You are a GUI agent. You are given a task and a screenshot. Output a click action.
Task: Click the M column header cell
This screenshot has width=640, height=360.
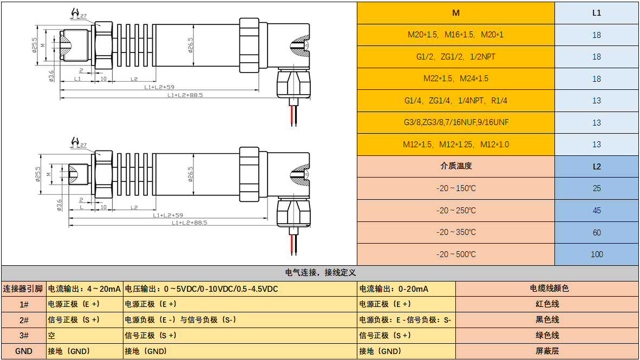click(x=455, y=13)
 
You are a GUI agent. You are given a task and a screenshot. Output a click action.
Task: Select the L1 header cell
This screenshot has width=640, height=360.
click(x=596, y=13)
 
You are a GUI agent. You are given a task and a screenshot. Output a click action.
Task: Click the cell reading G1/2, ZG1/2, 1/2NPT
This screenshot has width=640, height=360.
click(x=455, y=57)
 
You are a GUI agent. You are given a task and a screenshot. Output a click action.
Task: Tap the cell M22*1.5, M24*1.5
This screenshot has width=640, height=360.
click(x=455, y=78)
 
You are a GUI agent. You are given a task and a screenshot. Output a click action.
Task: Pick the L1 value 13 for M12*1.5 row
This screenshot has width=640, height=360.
click(x=596, y=145)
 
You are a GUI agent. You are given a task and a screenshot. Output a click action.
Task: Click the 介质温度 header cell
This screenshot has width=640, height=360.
click(x=455, y=166)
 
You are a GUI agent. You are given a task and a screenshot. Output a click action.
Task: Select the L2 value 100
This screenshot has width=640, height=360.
click(x=596, y=254)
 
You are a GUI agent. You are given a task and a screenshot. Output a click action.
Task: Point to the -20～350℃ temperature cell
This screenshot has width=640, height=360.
click(x=455, y=232)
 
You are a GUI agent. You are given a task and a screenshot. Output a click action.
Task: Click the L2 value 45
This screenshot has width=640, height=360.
click(x=596, y=210)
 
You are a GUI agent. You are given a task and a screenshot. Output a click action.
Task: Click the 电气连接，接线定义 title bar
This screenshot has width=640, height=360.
click(x=319, y=273)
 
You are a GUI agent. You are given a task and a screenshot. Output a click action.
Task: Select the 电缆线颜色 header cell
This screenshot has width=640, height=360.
click(x=547, y=289)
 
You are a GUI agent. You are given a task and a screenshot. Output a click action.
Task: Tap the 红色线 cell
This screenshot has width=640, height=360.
click(x=547, y=304)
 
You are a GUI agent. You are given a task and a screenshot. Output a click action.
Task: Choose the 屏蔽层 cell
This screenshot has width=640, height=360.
click(x=547, y=351)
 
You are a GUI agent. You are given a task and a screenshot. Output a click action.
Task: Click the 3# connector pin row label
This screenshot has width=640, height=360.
click(x=23, y=335)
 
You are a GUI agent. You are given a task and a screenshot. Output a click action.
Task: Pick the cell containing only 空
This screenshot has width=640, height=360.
click(x=84, y=335)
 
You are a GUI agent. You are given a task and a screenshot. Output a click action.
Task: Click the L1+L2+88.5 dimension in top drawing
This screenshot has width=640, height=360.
click(x=185, y=95)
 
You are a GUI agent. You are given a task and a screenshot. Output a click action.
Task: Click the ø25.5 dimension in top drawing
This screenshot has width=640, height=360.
click(x=35, y=46)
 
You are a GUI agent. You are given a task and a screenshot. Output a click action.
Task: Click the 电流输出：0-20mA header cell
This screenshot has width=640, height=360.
click(x=406, y=289)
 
